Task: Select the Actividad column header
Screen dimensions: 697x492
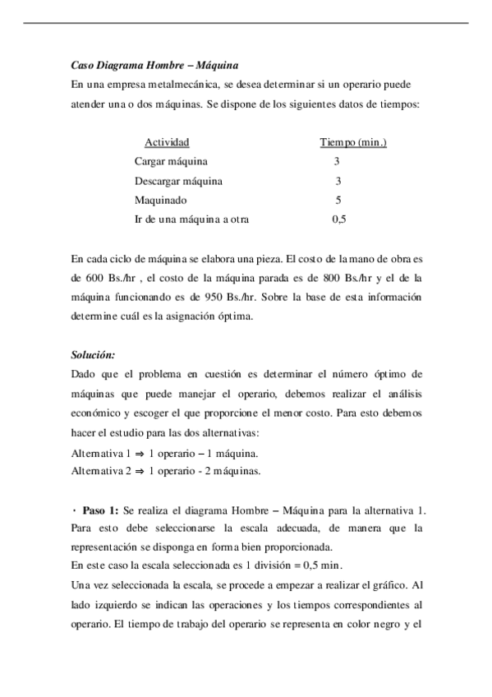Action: [167, 142]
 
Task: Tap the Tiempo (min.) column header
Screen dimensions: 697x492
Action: [353, 142]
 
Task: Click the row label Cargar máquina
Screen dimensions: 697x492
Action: [171, 161]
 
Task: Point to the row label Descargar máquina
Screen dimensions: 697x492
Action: [178, 181]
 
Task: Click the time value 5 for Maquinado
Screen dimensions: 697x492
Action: [338, 200]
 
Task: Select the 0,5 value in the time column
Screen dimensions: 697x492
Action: [338, 219]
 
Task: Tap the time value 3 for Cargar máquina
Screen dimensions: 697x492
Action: [338, 161]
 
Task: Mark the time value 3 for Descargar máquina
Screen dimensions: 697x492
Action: [338, 181]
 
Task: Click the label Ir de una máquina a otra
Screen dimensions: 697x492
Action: [192, 219]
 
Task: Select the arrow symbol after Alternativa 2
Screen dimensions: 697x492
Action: [140, 471]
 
